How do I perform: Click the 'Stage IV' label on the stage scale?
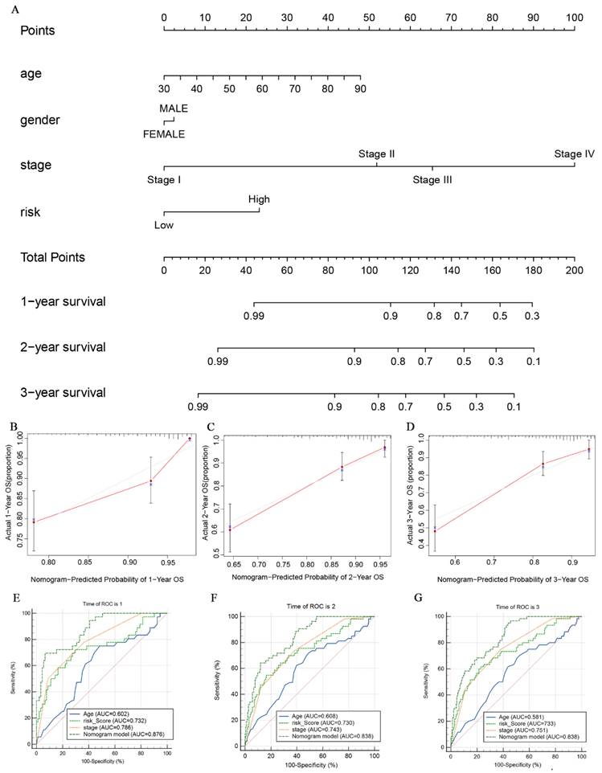click(573, 154)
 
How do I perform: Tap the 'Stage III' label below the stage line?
click(432, 180)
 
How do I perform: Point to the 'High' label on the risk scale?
click(259, 199)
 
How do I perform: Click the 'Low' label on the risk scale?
click(164, 225)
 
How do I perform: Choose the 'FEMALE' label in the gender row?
click(164, 134)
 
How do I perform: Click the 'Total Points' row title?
click(53, 257)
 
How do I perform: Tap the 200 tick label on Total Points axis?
click(573, 271)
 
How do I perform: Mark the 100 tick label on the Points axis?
click(573, 17)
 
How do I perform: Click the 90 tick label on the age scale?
click(360, 88)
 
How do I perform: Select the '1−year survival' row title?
click(63, 302)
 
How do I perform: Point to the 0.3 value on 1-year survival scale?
click(531, 317)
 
